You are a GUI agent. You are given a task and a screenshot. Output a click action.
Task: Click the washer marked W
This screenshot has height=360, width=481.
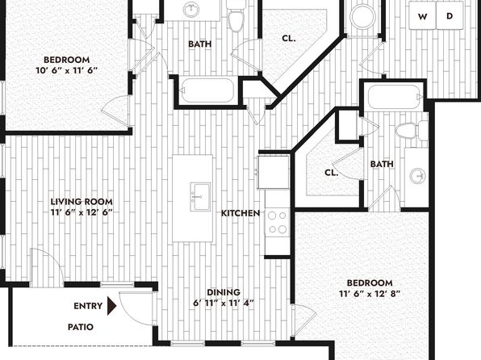click(x=422, y=15)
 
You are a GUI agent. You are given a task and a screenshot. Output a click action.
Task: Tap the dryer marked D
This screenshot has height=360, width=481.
click(x=450, y=15)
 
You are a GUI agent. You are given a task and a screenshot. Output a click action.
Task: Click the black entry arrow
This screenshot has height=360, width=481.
click(x=111, y=306)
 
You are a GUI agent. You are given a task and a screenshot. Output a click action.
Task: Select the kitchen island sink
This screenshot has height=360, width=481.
click(x=200, y=197)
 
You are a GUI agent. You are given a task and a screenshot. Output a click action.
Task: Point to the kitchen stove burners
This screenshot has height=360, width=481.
click(x=278, y=222)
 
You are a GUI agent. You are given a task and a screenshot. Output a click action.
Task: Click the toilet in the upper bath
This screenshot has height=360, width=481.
click(x=236, y=15)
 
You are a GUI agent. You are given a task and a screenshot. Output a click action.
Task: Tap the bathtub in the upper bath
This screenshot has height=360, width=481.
click(x=207, y=90)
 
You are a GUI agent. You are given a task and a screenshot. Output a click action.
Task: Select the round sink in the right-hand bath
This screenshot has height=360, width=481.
click(x=418, y=176)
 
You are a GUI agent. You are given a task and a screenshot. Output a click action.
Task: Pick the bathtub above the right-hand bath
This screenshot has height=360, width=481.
click(x=394, y=96)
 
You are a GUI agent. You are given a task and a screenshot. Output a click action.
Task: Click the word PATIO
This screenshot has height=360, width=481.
click(x=81, y=327)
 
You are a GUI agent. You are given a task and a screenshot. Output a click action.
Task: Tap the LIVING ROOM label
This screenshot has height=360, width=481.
click(x=82, y=202)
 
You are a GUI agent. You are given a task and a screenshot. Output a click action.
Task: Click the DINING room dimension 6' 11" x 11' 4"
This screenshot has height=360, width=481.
click(x=224, y=303)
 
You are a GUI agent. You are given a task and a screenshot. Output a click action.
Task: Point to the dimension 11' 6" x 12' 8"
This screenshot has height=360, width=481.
click(x=370, y=294)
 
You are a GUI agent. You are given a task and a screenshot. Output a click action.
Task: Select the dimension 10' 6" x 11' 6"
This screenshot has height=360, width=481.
click(x=66, y=70)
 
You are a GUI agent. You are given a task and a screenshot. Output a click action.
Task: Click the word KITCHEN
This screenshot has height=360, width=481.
click(x=240, y=213)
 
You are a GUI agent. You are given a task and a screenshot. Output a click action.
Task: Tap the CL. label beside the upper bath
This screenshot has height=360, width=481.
click(x=289, y=39)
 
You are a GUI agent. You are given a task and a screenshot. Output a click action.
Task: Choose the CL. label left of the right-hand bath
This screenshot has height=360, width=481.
click(x=332, y=173)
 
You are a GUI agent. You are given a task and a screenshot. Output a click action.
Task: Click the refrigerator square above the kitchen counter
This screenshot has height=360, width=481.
click(x=274, y=172)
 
